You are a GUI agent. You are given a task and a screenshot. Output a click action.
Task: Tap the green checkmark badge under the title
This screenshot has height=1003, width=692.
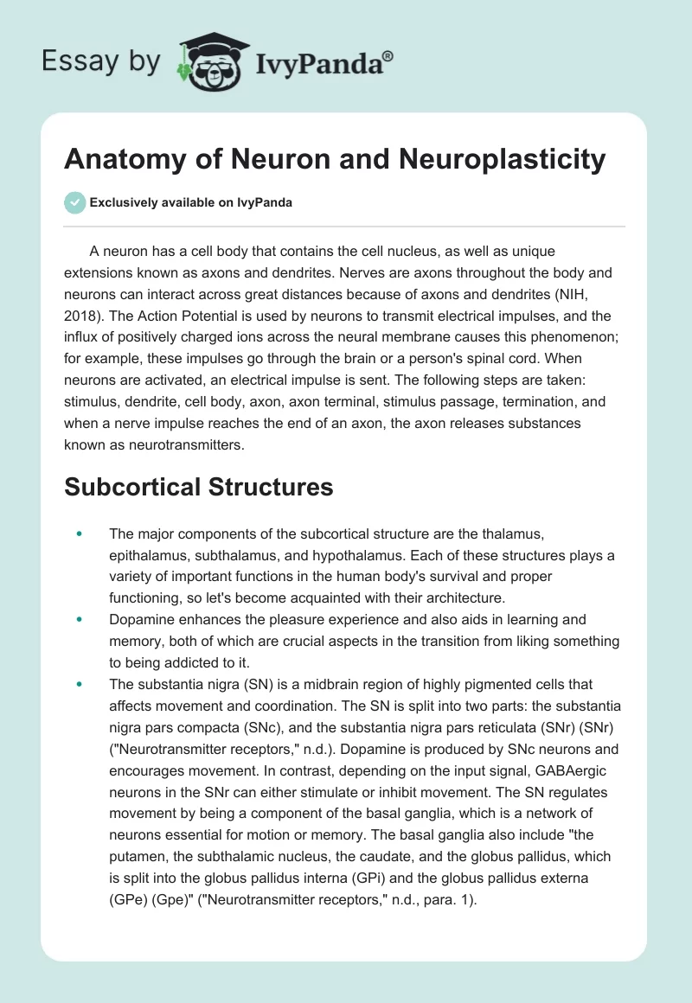[x=74, y=202]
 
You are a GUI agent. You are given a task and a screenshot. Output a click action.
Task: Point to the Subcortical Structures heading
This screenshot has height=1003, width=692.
[x=198, y=487]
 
